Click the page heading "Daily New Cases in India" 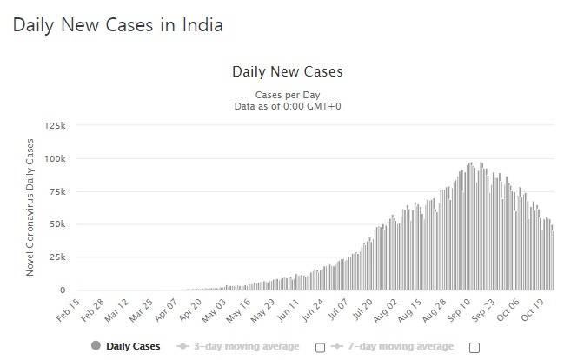[x=118, y=26]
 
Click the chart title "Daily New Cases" [x=288, y=71]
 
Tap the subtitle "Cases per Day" [x=288, y=95]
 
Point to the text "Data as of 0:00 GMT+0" [x=288, y=106]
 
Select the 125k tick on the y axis [x=55, y=125]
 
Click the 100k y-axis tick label [x=55, y=159]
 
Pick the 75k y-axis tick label [x=57, y=192]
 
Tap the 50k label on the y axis [x=57, y=224]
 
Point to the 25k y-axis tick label [x=57, y=257]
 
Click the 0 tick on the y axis [x=63, y=290]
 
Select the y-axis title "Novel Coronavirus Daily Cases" [x=30, y=207]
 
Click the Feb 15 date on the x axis [x=68, y=310]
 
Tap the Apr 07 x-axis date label [x=166, y=310]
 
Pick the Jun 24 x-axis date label [x=312, y=310]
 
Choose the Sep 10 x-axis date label [x=459, y=310]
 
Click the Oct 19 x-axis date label [x=532, y=310]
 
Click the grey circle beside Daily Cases [x=96, y=345]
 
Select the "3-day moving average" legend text [x=247, y=346]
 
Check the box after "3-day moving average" [x=320, y=348]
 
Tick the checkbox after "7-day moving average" [x=474, y=348]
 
